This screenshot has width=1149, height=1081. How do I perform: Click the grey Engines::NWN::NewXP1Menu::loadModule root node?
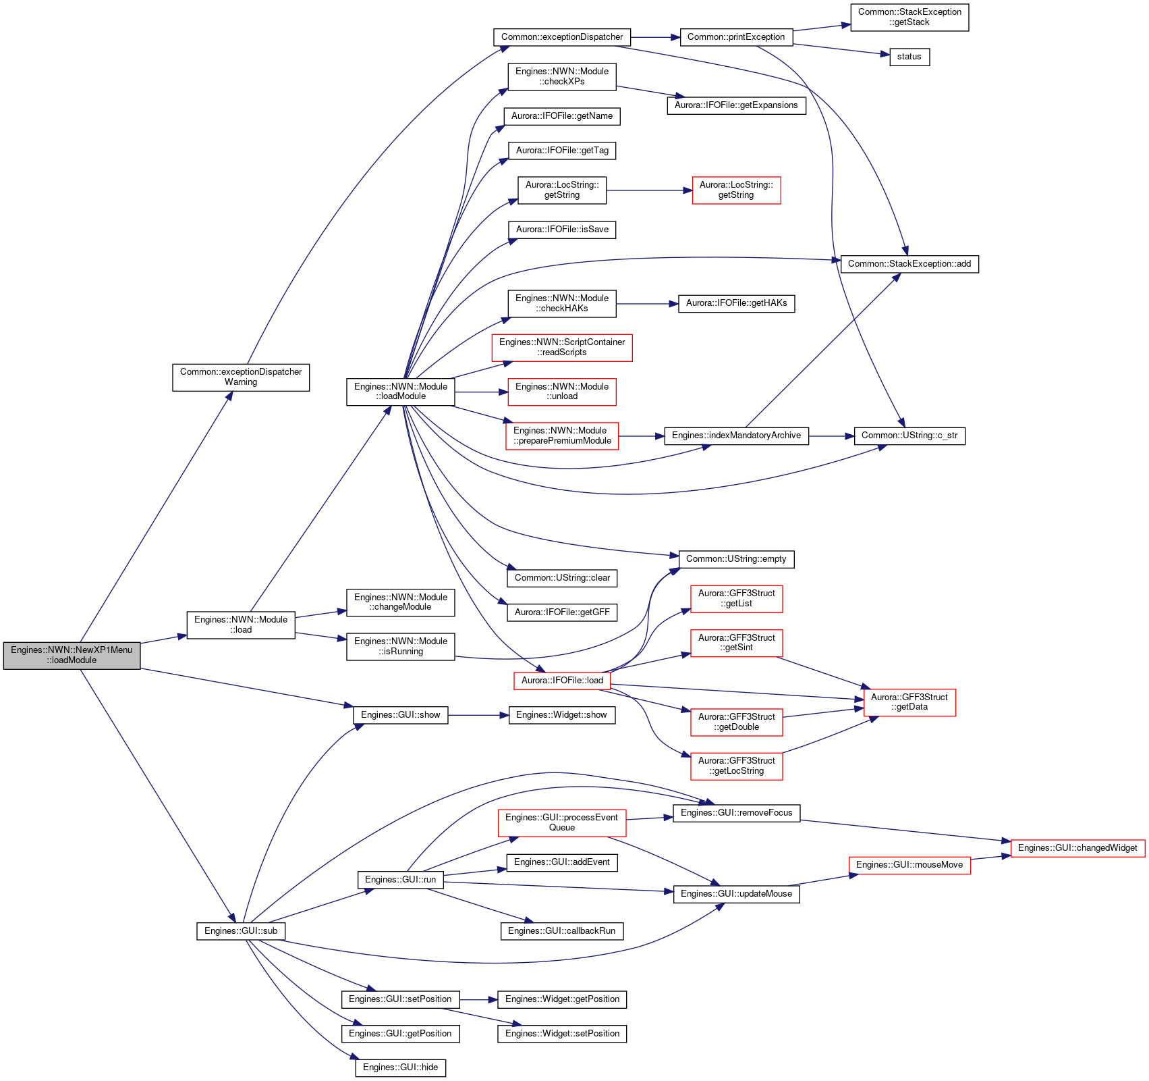(72, 655)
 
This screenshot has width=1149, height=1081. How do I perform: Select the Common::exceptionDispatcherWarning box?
(241, 377)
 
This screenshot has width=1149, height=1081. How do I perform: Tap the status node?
(909, 57)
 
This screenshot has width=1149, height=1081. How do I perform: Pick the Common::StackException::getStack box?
(909, 17)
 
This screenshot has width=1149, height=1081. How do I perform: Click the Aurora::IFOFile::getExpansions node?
(736, 105)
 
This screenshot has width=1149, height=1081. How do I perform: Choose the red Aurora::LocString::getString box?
(736, 190)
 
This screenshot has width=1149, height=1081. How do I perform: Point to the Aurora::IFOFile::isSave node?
(562, 230)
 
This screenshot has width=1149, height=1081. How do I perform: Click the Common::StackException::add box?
(909, 264)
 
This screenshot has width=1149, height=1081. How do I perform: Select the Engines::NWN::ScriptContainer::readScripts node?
(562, 347)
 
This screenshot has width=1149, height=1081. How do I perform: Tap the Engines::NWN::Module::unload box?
(562, 392)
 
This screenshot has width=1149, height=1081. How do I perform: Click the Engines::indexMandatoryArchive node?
(736, 436)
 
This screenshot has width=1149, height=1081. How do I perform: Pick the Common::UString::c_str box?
(909, 436)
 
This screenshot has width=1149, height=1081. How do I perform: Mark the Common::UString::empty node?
(736, 559)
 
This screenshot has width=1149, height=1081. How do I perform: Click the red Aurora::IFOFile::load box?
(562, 681)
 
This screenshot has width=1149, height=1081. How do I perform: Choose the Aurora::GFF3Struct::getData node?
(909, 702)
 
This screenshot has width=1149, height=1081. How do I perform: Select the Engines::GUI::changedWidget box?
(1077, 848)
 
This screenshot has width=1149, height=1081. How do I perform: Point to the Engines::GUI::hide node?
(400, 1067)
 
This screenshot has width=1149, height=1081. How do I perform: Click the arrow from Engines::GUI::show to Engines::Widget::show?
(478, 715)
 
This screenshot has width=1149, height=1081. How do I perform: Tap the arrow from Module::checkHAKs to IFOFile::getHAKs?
(647, 304)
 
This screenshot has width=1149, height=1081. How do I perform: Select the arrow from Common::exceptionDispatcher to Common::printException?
(656, 37)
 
